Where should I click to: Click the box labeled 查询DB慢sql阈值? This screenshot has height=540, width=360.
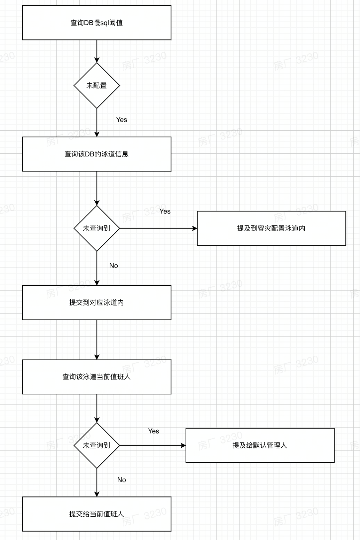(97, 23)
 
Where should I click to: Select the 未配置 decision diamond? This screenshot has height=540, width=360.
(97, 85)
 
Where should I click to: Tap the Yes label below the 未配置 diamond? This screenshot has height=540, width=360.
(122, 119)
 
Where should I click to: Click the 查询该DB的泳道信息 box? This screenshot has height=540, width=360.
(97, 154)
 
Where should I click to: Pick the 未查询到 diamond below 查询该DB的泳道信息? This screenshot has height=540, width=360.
(97, 228)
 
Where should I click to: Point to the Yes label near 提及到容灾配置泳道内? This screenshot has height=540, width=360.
(165, 211)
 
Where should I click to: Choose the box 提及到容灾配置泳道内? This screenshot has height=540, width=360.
(271, 228)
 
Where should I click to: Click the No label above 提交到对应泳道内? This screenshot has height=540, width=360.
(114, 265)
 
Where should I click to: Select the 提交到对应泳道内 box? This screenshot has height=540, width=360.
(97, 302)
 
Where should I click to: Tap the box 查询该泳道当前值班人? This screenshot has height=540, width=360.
(97, 377)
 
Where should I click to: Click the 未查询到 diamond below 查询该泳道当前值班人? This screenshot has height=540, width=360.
(97, 445)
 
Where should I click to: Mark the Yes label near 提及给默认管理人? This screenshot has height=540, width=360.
(154, 431)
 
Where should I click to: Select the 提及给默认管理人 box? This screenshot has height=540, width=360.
(260, 445)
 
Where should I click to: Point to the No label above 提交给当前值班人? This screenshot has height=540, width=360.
(122, 480)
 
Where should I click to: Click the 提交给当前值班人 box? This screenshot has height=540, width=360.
(97, 514)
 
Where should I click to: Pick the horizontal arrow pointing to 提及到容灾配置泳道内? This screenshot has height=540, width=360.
(158, 228)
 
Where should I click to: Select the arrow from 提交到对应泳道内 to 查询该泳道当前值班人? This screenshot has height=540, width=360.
(97, 340)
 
